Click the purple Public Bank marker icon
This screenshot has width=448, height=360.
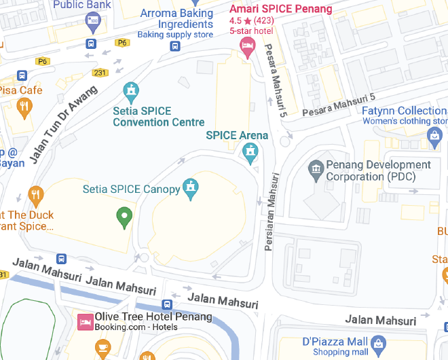93,22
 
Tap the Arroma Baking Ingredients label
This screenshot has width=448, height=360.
176,19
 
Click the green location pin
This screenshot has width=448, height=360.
124,218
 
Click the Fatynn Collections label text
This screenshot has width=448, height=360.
404,111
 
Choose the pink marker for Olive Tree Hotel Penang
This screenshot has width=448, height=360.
85,322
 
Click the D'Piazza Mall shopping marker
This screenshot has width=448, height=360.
379,344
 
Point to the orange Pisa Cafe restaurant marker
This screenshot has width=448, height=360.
24,106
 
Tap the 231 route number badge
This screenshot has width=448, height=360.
100,73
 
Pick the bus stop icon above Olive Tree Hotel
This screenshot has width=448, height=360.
167,304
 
